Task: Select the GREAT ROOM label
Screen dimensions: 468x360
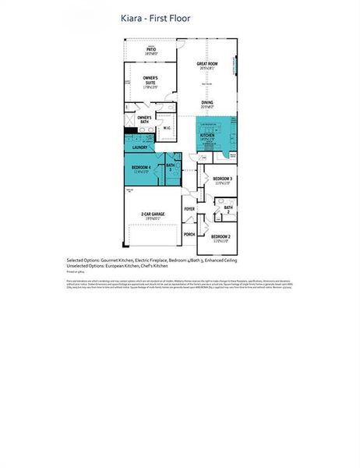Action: click(206, 64)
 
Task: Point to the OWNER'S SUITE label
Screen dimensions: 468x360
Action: click(150, 80)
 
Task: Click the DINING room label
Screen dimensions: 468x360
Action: click(207, 102)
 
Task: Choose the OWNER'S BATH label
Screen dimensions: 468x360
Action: click(143, 119)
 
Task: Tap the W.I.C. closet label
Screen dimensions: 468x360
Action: click(167, 127)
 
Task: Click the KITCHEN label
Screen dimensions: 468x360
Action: click(206, 134)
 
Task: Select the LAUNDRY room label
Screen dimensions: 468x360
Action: click(140, 147)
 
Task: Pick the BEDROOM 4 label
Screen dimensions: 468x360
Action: click(141, 168)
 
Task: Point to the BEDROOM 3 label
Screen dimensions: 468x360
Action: click(221, 179)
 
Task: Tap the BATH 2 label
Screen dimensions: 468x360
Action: click(228, 207)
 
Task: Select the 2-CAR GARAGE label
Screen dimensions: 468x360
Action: click(153, 214)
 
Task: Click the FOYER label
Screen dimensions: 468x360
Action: click(189, 209)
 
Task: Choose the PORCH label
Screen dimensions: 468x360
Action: click(189, 233)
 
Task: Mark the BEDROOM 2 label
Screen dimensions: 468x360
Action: click(221, 236)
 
